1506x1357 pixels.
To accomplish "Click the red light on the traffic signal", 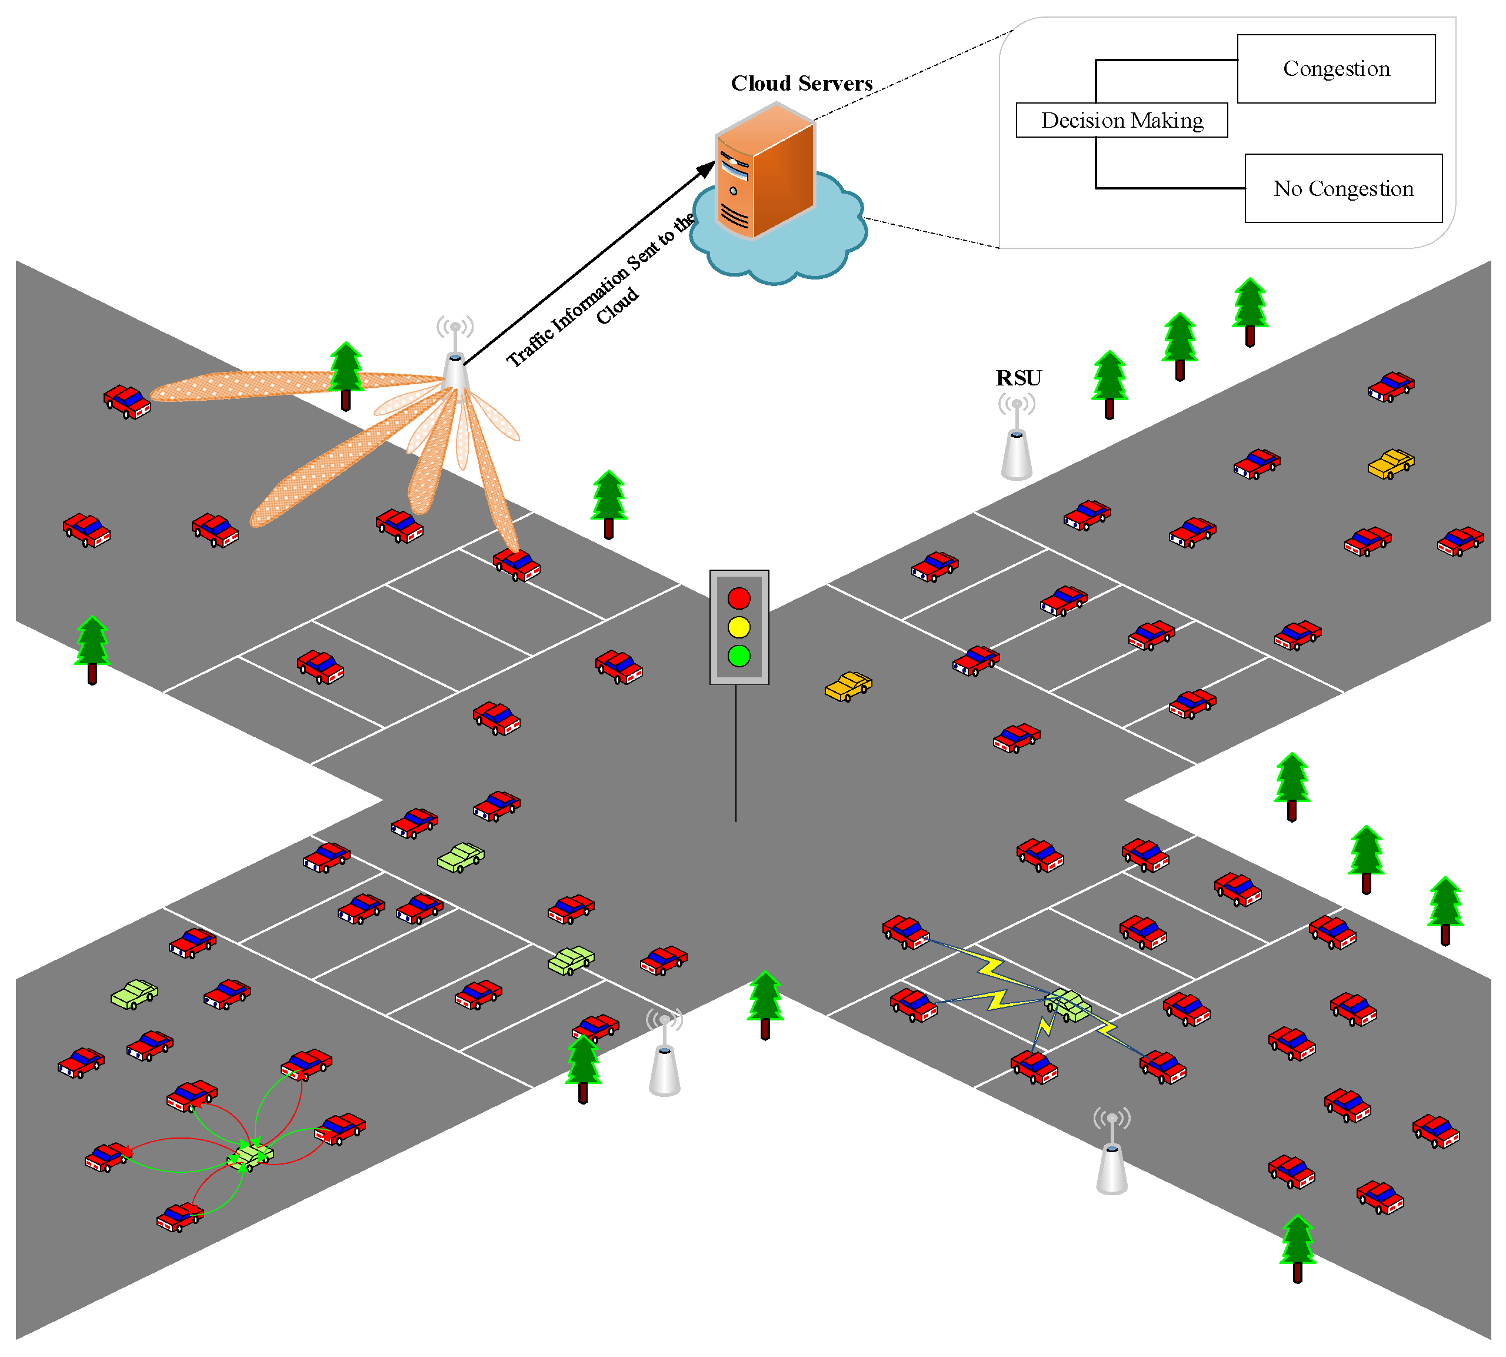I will coord(738,598).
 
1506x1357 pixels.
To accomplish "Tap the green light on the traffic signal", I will coord(738,656).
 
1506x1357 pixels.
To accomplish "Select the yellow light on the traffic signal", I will coord(738,627).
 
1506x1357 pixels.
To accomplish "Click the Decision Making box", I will coord(1121,120).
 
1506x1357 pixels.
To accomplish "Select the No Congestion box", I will coord(1343,189).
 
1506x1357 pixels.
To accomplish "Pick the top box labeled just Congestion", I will coord(1335,69).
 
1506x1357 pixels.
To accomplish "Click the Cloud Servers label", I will coord(801,84).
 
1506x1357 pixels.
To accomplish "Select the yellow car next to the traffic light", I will coord(848,686).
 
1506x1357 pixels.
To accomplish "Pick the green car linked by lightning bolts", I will coord(1068,1005).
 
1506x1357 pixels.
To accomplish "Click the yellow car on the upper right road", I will coord(1391,464).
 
